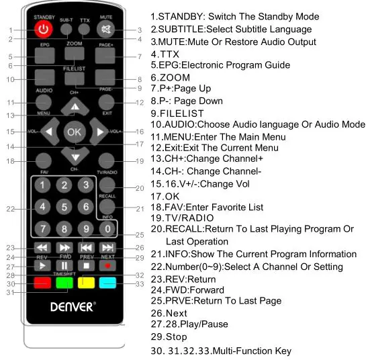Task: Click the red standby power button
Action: (x=44, y=30)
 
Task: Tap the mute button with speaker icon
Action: (x=105, y=30)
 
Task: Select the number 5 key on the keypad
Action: (x=64, y=207)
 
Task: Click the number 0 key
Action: (x=105, y=229)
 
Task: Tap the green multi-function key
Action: (x=64, y=283)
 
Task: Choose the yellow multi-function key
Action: (x=85, y=283)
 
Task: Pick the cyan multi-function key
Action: (x=106, y=283)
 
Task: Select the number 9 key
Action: (x=85, y=229)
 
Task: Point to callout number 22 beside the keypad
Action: (x=10, y=209)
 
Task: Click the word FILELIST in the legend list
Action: (x=181, y=114)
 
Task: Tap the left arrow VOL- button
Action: (x=48, y=131)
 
